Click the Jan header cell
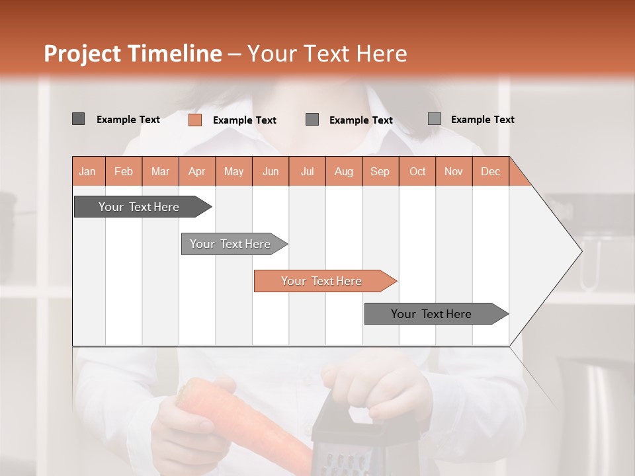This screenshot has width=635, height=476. point(88,171)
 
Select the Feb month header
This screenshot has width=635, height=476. point(124,171)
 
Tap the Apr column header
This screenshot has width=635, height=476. point(197,171)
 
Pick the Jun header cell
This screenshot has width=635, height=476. point(271,171)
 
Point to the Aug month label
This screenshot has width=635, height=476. point(344,171)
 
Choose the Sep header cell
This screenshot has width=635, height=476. point(380,171)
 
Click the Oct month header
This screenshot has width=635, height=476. point(417,171)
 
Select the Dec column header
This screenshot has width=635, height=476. point(491,171)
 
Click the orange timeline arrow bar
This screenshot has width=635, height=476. point(324,281)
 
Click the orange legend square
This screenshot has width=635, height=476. point(195,120)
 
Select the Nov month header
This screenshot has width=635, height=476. point(454,171)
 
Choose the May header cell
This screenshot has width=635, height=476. point(233,171)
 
